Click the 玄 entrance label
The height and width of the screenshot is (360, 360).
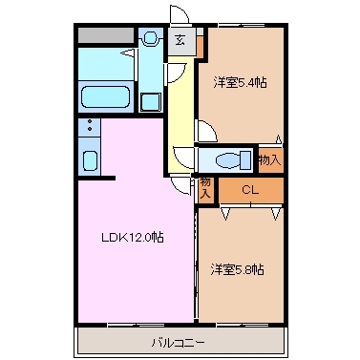click(181, 40)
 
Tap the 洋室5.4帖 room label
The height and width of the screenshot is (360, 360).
click(239, 82)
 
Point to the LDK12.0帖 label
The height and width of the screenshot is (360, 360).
click(131, 237)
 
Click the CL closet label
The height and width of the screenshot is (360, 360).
click(249, 190)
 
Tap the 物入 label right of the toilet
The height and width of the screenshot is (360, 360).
click(269, 159)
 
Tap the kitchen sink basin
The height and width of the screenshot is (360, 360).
click(89, 159)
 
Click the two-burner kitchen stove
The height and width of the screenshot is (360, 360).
click(89, 126)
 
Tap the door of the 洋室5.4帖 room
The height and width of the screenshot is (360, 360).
click(204, 132)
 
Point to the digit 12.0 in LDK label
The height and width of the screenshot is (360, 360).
click(139, 237)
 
